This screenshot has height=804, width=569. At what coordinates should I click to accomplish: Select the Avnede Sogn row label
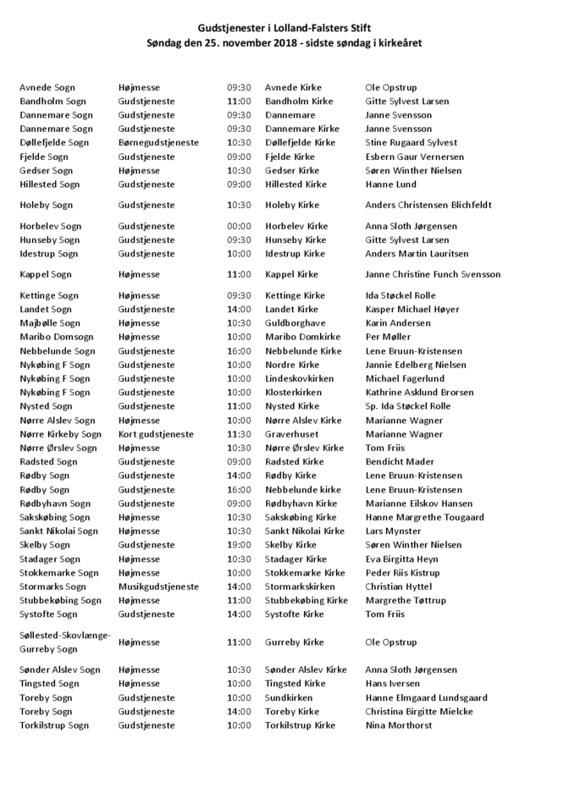[47, 87]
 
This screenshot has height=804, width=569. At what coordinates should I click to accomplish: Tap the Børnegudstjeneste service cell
[158, 143]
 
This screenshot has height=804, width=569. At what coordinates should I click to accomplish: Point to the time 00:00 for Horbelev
[239, 226]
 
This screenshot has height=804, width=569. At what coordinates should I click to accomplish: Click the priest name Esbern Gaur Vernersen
[414, 157]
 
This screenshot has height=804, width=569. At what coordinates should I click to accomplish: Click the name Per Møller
[388, 337]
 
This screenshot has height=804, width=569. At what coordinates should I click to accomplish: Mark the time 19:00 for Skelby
[239, 545]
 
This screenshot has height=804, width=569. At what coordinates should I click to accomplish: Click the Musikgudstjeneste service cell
[158, 586]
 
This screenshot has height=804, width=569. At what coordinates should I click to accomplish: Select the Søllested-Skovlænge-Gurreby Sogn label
[65, 642]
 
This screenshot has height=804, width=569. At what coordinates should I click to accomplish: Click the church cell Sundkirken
[290, 697]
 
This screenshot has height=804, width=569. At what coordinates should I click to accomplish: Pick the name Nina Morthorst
[399, 725]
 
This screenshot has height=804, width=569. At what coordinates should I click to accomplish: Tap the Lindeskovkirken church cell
[299, 378]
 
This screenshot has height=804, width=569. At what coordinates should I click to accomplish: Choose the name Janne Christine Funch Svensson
[433, 274]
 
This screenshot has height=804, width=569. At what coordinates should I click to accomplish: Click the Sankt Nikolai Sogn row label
[58, 531]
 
